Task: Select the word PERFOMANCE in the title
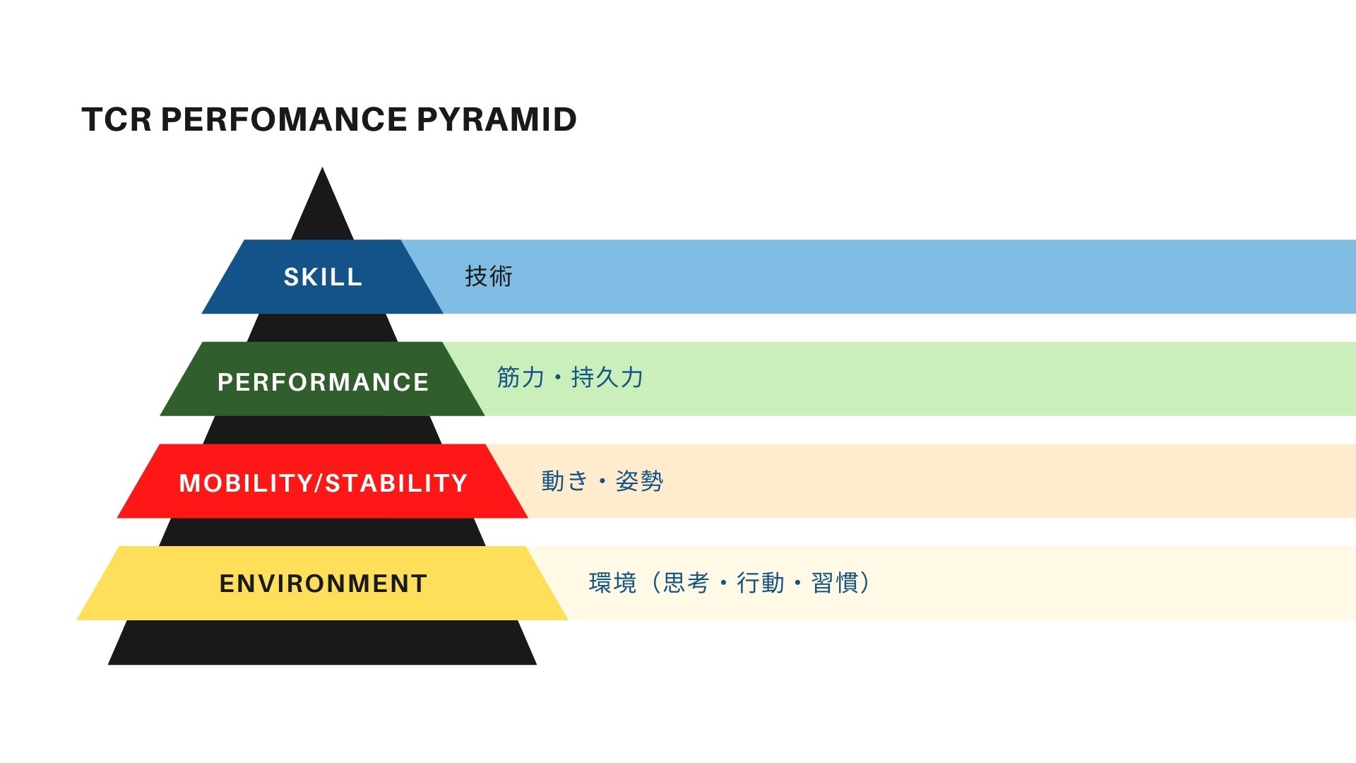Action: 284,119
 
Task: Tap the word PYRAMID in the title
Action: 496,119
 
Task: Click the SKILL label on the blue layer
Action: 323,277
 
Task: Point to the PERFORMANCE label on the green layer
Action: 323,382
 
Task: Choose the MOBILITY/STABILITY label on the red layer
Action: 323,483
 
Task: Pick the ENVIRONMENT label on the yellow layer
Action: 323,584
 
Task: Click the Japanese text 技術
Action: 489,276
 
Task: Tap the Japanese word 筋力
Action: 521,377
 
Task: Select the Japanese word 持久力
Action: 607,377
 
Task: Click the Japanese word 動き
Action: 565,481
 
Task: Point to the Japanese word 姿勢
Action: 639,481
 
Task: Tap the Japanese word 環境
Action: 612,583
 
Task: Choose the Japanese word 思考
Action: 686,583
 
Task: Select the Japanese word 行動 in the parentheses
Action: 760,583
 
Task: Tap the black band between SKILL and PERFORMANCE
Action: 322,328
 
